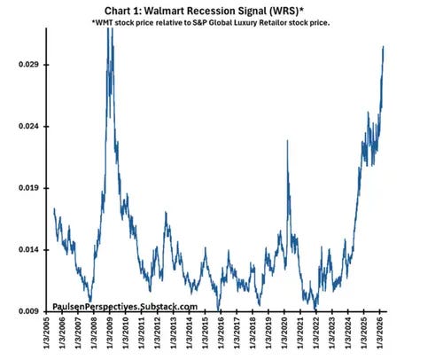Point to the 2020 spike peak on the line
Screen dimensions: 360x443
point(288,141)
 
